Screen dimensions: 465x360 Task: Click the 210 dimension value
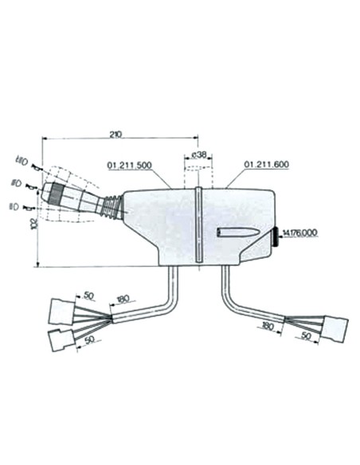click(115, 134)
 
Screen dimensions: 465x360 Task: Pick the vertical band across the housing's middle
click(197, 225)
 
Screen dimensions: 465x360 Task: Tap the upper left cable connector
click(61, 308)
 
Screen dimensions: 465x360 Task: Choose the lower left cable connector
click(59, 342)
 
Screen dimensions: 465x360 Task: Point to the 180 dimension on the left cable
click(123, 300)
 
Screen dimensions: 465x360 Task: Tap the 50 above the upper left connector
click(88, 295)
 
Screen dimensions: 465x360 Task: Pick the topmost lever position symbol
click(22, 163)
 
